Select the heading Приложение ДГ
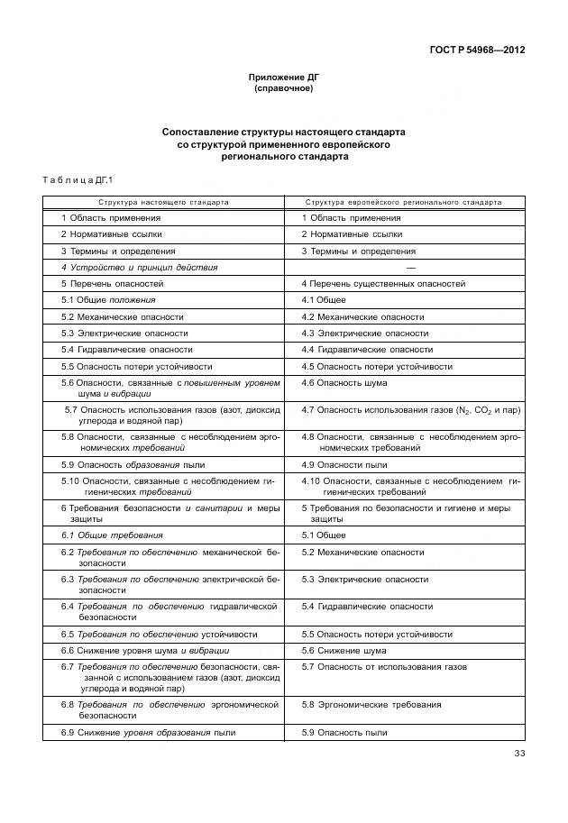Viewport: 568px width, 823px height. click(284, 78)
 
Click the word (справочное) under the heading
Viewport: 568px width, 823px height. click(284, 89)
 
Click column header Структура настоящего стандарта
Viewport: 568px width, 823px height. click(164, 202)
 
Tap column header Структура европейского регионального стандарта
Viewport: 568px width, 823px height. click(403, 202)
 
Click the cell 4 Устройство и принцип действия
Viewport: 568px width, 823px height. click(139, 268)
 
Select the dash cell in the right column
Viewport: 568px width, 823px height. click(411, 268)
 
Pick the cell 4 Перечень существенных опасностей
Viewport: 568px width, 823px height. click(383, 284)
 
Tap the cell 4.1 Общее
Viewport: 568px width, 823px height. click(324, 300)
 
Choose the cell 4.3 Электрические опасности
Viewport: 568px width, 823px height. click(364, 334)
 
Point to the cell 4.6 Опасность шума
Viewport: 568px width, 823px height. click(344, 383)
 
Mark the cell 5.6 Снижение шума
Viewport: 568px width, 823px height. click(344, 651)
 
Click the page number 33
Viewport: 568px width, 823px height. click(518, 754)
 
